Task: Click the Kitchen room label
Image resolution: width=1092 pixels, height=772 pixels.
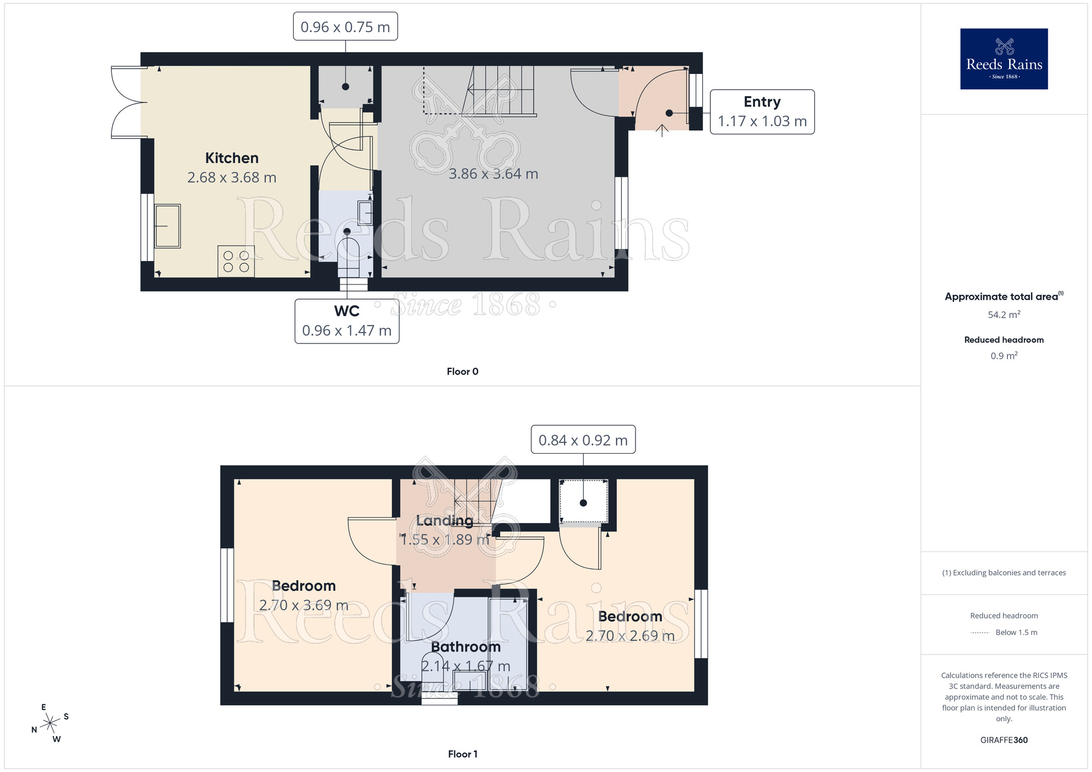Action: [232, 158]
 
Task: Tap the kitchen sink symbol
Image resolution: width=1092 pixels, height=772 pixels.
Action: [167, 226]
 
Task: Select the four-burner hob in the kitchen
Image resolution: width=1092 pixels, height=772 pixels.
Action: [236, 262]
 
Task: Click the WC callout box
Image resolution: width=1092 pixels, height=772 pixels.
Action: [347, 321]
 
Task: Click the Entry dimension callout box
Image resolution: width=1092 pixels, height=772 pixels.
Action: [762, 112]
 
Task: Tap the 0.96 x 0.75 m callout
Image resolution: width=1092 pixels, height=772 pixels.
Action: [345, 27]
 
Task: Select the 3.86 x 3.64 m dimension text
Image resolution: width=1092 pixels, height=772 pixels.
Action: [493, 174]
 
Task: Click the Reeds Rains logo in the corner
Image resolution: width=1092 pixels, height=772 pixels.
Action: [1004, 59]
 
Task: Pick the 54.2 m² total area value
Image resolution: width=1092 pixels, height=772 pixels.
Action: [1004, 314]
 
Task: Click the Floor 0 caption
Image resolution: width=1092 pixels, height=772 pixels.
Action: [462, 371]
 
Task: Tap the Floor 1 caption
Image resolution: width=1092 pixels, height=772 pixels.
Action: [462, 754]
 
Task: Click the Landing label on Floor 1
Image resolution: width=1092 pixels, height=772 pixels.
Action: [444, 520]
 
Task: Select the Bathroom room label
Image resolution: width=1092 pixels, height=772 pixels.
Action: [465, 646]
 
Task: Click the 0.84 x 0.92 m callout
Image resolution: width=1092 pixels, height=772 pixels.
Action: [583, 440]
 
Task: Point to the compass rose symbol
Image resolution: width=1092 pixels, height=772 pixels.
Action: [50, 723]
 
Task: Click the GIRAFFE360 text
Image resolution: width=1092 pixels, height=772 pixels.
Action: [1004, 740]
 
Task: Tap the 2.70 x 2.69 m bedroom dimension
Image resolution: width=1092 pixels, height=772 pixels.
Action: [630, 636]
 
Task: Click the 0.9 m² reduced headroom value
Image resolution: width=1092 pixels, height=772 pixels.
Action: [1004, 356]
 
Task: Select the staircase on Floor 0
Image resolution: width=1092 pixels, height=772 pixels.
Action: [500, 91]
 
